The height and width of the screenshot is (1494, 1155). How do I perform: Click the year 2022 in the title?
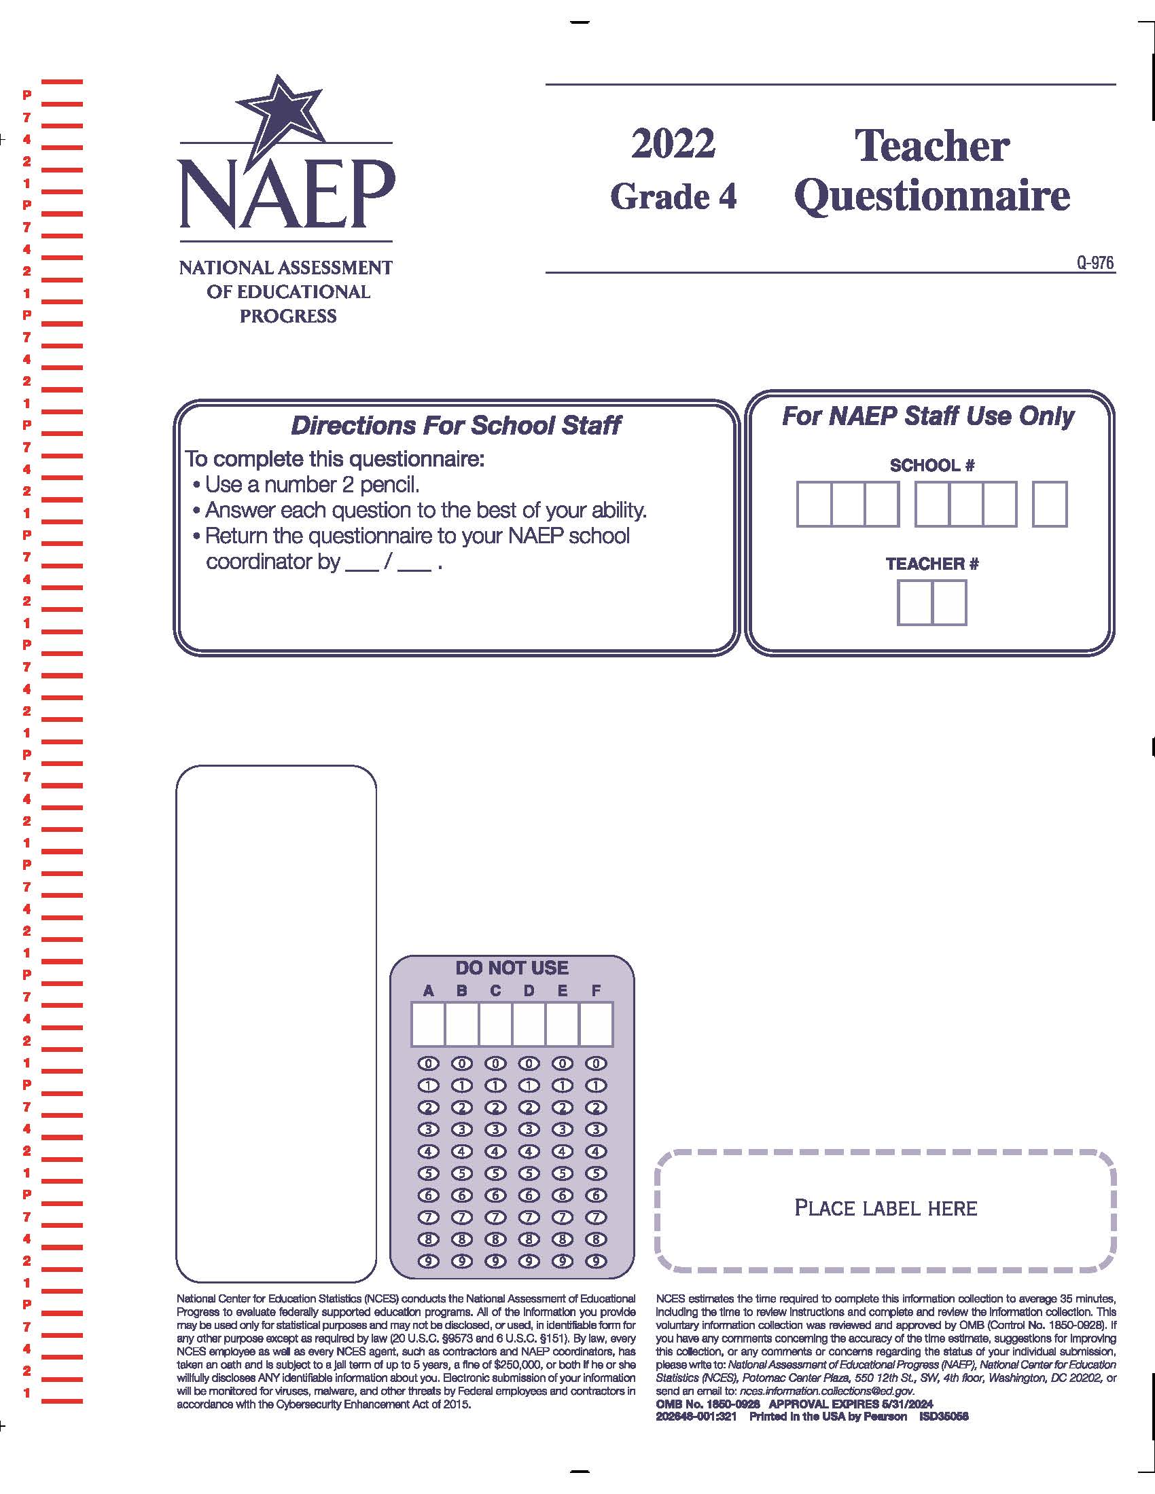[x=673, y=144]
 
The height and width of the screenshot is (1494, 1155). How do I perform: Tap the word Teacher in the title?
[x=932, y=146]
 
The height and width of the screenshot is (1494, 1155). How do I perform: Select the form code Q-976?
[x=1095, y=263]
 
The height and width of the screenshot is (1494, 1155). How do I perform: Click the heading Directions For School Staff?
[x=456, y=426]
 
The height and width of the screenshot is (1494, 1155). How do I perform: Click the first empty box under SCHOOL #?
[x=813, y=504]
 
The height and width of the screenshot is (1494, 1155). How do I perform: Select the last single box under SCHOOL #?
[x=1049, y=504]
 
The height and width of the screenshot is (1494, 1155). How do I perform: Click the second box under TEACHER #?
[x=949, y=602]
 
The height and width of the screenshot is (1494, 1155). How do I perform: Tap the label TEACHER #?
[x=931, y=564]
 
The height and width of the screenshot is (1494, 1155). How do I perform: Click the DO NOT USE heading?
[x=512, y=968]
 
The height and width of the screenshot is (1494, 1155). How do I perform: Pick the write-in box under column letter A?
[x=427, y=1024]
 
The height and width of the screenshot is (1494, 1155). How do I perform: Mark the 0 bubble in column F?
[x=596, y=1063]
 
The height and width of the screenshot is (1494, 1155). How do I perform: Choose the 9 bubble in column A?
[x=427, y=1262]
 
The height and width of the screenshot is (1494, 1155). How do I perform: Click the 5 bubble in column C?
[x=495, y=1174]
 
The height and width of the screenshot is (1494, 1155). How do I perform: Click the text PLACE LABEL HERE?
[x=885, y=1208]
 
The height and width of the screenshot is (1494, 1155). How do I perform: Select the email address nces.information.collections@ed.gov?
[x=827, y=1391]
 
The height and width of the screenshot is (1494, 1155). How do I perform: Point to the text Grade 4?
[x=673, y=197]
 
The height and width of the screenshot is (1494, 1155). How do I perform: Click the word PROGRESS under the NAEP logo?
[x=287, y=316]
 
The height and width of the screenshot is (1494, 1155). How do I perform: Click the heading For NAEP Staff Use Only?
[x=928, y=416]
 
